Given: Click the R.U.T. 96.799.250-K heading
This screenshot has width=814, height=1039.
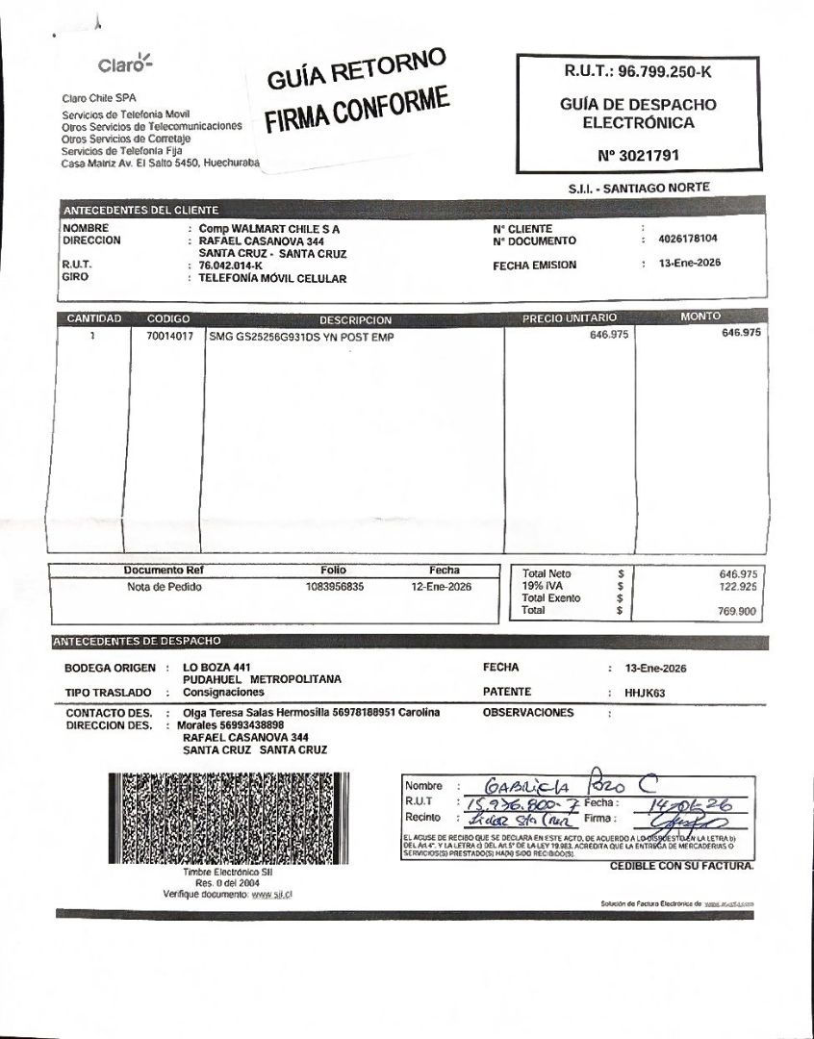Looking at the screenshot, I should point(636,72).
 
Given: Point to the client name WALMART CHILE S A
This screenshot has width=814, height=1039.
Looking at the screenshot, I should point(279,230).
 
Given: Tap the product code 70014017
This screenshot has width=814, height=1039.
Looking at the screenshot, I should point(169,337).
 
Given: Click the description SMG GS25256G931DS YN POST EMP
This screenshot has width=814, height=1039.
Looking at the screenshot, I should point(301,338).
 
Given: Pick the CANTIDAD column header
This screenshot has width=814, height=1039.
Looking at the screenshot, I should point(93,318).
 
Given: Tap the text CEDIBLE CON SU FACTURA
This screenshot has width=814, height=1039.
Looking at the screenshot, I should point(681,866).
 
